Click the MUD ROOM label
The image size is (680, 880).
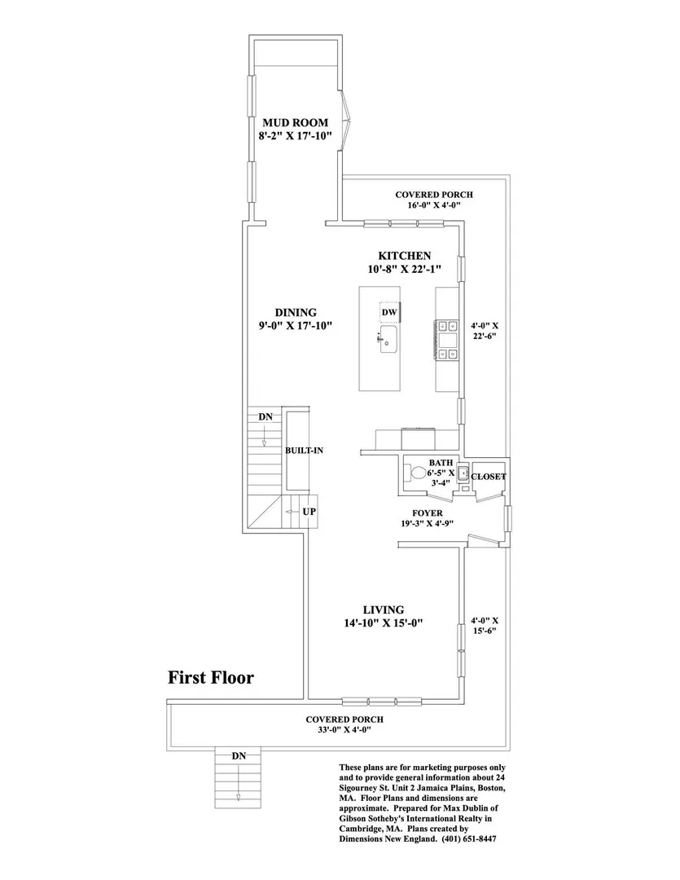[x=295, y=122]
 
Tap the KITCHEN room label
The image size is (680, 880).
[x=405, y=256]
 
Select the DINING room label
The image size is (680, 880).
[x=296, y=313]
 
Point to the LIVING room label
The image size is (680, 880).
[x=384, y=609]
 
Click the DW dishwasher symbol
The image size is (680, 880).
[x=389, y=312]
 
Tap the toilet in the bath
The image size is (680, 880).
[x=415, y=473]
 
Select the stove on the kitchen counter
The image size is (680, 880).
[x=446, y=339]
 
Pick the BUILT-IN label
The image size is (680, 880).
[x=304, y=450]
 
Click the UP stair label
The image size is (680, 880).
[x=309, y=512]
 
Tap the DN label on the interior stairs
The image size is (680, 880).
[x=265, y=417]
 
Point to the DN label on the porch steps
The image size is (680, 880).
[x=239, y=756]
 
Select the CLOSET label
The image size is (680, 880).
[x=488, y=477]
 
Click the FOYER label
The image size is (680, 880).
[x=427, y=513]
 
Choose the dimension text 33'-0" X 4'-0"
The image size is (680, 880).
[x=344, y=730]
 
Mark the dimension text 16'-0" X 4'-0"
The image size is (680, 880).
[x=434, y=205]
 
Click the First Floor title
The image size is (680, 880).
[x=211, y=677]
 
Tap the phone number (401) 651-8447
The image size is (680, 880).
[x=469, y=839]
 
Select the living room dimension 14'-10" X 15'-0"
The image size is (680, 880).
[x=384, y=623]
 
